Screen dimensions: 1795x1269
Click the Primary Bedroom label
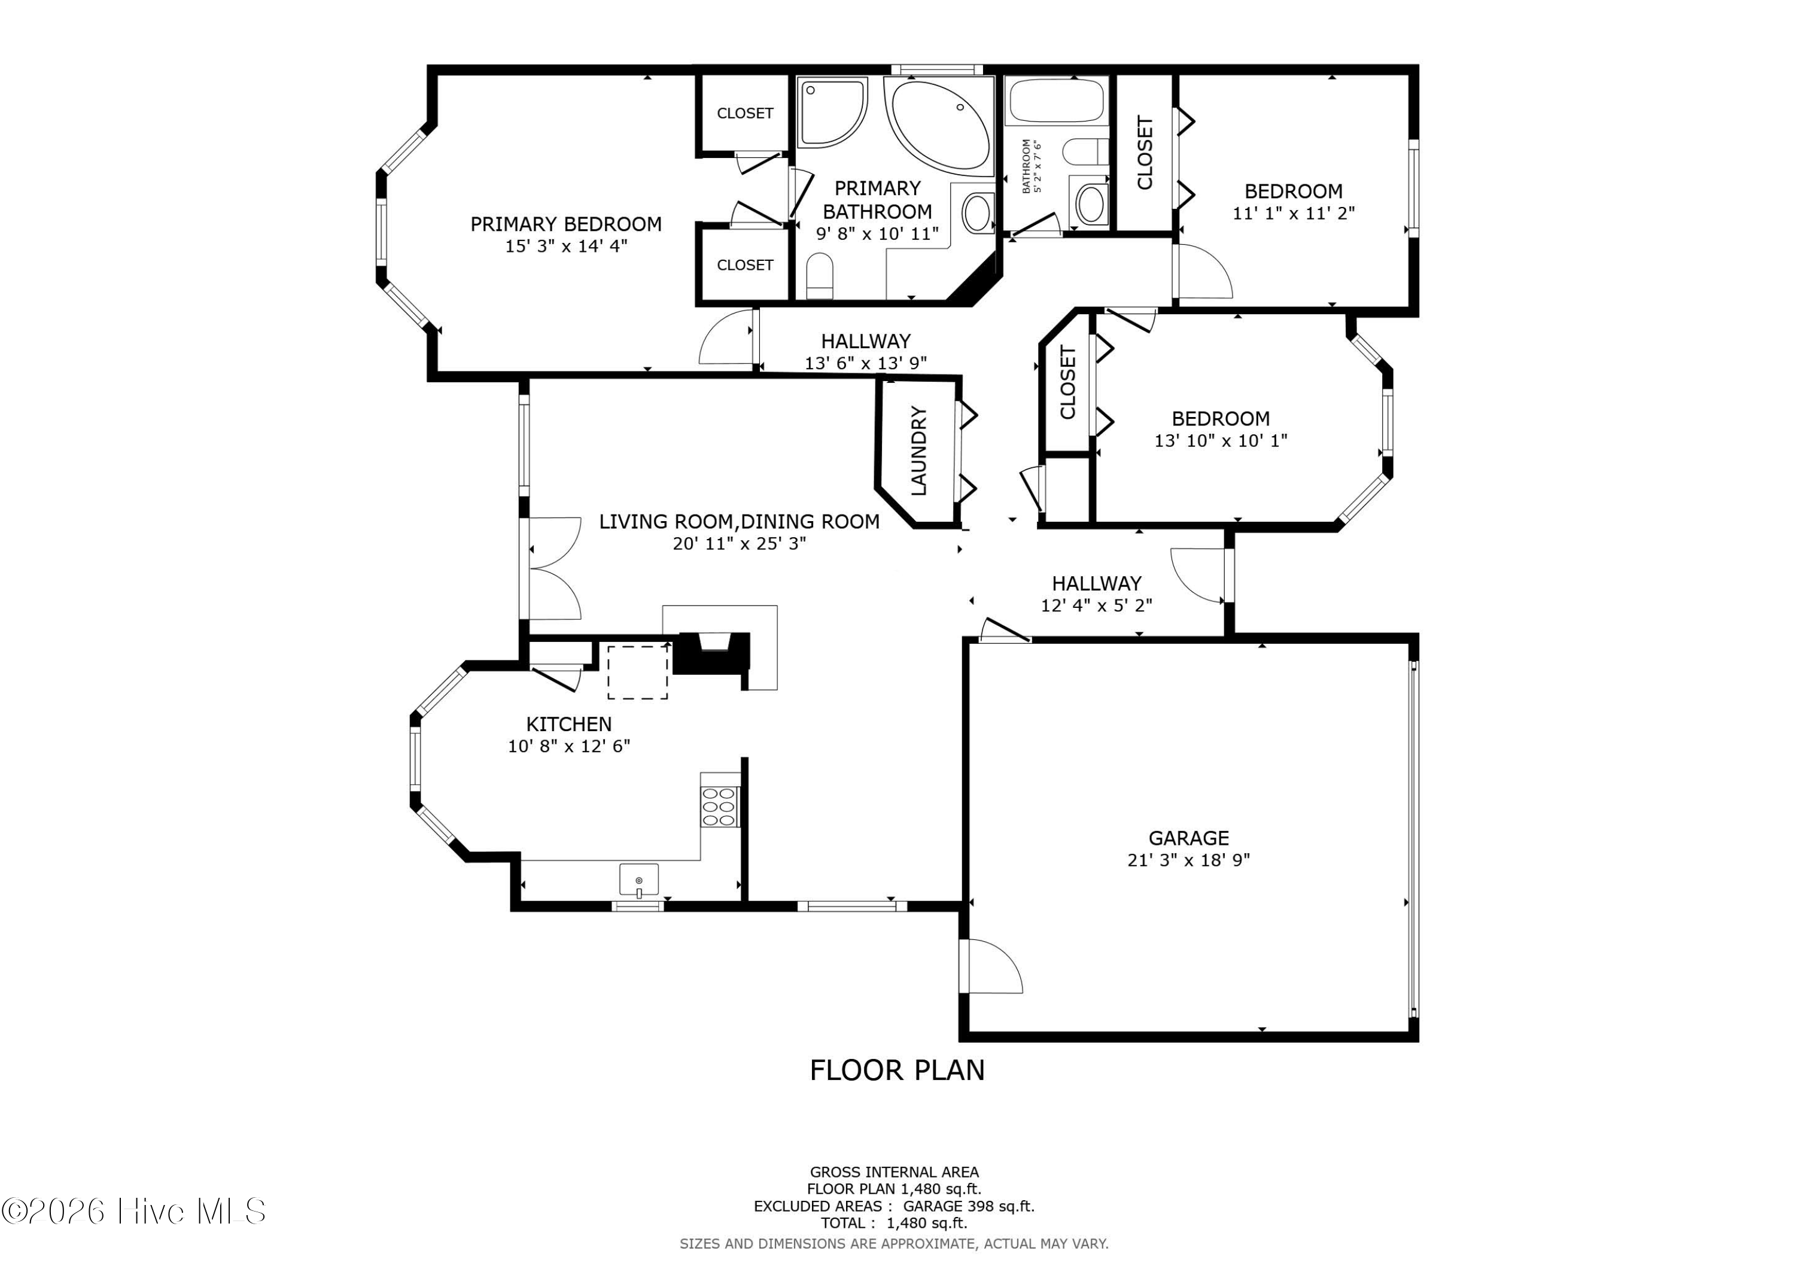[566, 224]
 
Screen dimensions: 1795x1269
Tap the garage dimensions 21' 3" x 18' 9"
[1188, 860]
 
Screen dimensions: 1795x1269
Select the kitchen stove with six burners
[719, 806]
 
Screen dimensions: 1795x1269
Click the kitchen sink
[639, 880]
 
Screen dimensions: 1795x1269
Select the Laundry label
[918, 451]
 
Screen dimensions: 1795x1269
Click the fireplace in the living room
[711, 652]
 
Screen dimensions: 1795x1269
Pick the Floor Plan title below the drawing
[897, 1070]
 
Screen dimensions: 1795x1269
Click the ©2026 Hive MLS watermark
[133, 1211]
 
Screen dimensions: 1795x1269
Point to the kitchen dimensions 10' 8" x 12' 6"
[568, 746]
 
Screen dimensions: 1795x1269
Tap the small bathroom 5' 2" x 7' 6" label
[1032, 166]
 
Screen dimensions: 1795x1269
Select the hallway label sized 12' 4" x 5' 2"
[1096, 594]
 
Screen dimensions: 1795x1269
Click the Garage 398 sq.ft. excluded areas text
[969, 1206]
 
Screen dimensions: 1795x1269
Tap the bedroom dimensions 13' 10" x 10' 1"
[1221, 441]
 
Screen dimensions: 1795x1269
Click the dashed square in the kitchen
[638, 672]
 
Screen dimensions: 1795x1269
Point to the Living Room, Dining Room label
[739, 522]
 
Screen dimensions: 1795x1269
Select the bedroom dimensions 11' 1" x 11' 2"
[1293, 212]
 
